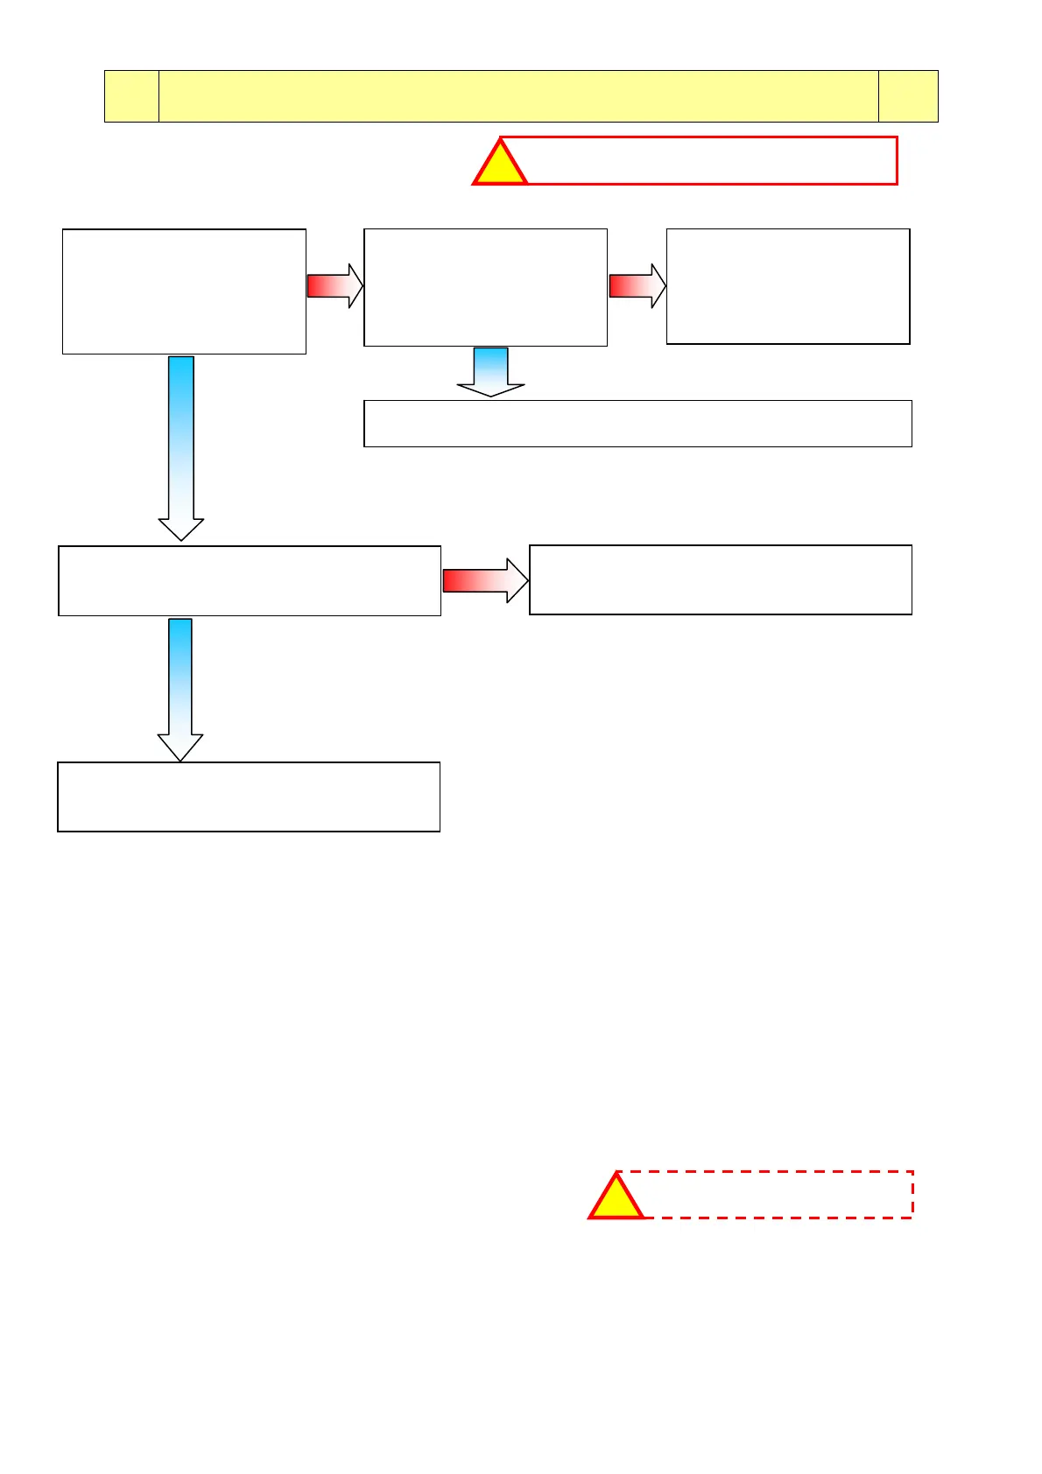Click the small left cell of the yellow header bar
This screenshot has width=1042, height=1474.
click(131, 96)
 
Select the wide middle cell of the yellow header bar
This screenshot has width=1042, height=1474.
click(518, 96)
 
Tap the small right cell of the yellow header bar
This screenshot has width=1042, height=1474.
click(908, 96)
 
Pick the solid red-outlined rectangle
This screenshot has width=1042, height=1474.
click(711, 160)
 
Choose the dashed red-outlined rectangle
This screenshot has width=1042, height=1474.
click(778, 1194)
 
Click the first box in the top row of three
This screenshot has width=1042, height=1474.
click(184, 291)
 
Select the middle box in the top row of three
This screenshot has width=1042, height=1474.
click(485, 287)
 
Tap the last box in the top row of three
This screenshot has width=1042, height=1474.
click(788, 286)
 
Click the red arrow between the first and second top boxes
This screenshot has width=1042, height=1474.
click(334, 286)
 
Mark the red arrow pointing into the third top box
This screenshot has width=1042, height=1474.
click(637, 286)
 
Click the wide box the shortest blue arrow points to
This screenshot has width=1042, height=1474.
click(637, 424)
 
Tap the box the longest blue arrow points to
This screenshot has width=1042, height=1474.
click(250, 581)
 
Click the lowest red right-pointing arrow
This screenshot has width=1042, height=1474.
click(485, 580)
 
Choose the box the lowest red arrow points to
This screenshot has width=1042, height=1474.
click(721, 579)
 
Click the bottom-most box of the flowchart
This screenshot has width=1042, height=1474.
click(249, 797)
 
